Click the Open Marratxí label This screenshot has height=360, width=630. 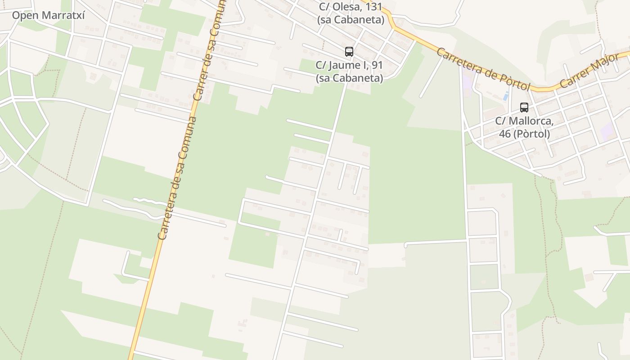coord(49,15)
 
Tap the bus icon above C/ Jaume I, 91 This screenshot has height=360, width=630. coord(349,52)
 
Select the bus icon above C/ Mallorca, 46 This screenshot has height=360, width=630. coord(524,108)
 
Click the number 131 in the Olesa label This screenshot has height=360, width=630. coord(374,7)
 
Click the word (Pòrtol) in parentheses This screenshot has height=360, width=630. coord(533,134)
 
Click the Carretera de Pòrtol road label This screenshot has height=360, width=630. coord(484,69)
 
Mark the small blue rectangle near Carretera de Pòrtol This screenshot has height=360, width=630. coord(506,96)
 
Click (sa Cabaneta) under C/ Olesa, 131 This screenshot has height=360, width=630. coord(351,20)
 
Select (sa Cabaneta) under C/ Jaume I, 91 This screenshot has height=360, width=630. coord(349,78)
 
